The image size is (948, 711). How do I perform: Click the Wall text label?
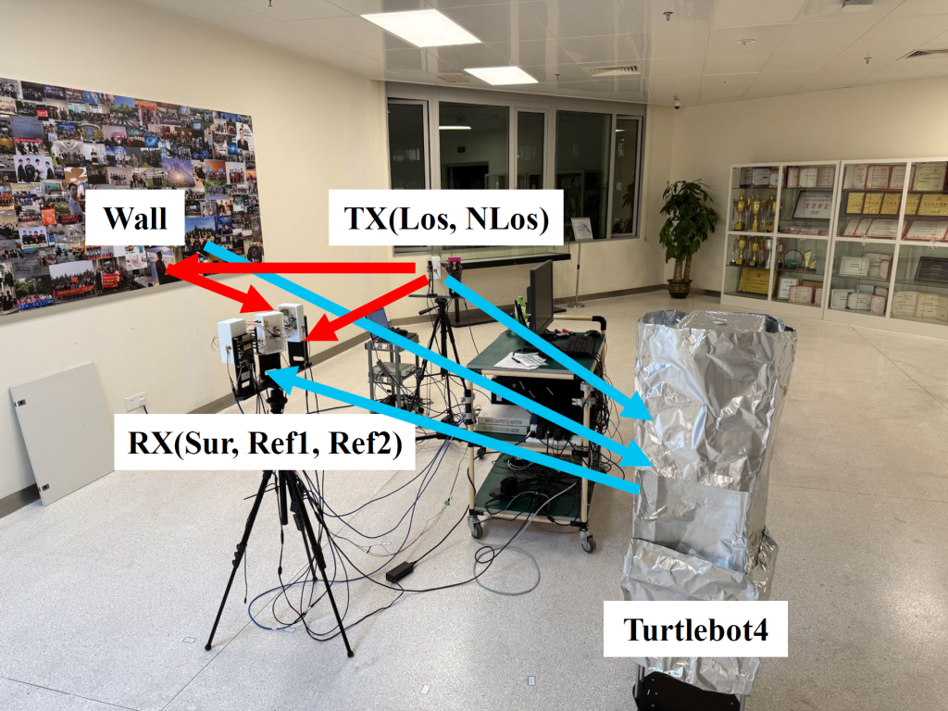(135, 218)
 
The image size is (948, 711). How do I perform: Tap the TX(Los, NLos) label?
(440, 218)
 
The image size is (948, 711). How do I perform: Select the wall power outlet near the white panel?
(136, 400)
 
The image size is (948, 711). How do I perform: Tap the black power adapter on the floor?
(400, 571)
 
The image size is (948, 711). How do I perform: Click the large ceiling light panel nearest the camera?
(420, 28)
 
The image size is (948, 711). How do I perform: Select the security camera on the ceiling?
(677, 101)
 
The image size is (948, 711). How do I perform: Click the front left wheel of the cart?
(477, 529)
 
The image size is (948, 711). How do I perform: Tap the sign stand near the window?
(580, 231)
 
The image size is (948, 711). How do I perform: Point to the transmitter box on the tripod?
(434, 268)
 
